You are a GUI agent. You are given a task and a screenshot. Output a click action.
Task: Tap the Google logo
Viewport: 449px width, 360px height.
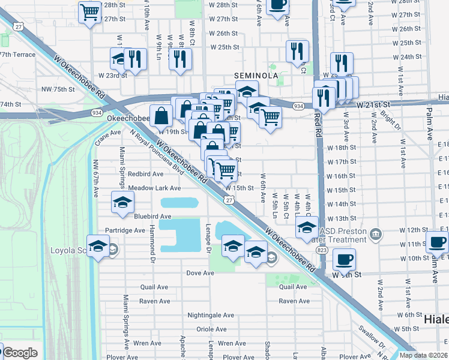19,352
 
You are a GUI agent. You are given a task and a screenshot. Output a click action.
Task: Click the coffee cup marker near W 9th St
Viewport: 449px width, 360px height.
344,260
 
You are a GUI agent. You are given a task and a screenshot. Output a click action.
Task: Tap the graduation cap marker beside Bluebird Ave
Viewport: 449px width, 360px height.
122,202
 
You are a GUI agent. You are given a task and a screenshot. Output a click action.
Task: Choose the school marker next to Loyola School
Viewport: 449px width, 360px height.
98,246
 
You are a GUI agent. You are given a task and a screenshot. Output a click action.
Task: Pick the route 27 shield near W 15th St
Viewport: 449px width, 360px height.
230,200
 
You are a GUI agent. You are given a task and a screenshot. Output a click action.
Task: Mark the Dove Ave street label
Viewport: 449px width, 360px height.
200,273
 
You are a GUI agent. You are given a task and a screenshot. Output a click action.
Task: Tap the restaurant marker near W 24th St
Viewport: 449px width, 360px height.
341,63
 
